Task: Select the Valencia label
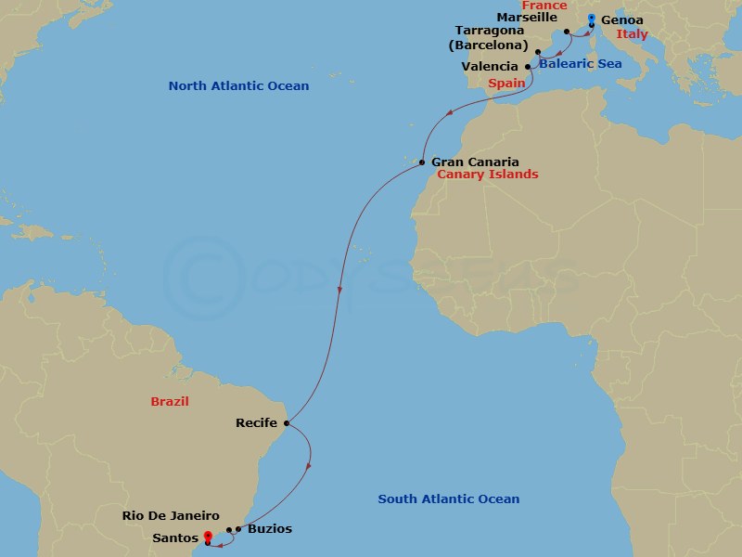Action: [492, 67]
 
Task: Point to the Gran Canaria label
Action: [475, 162]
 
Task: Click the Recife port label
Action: [256, 424]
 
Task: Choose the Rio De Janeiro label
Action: [171, 516]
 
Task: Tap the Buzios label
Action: [269, 529]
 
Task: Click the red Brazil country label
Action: [170, 401]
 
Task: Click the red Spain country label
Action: [507, 83]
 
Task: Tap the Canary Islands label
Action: [487, 175]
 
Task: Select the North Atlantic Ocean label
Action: [238, 86]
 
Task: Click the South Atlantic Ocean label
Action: [448, 499]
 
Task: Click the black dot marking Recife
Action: [287, 424]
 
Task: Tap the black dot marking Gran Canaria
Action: [422, 162]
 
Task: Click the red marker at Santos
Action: [207, 536]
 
